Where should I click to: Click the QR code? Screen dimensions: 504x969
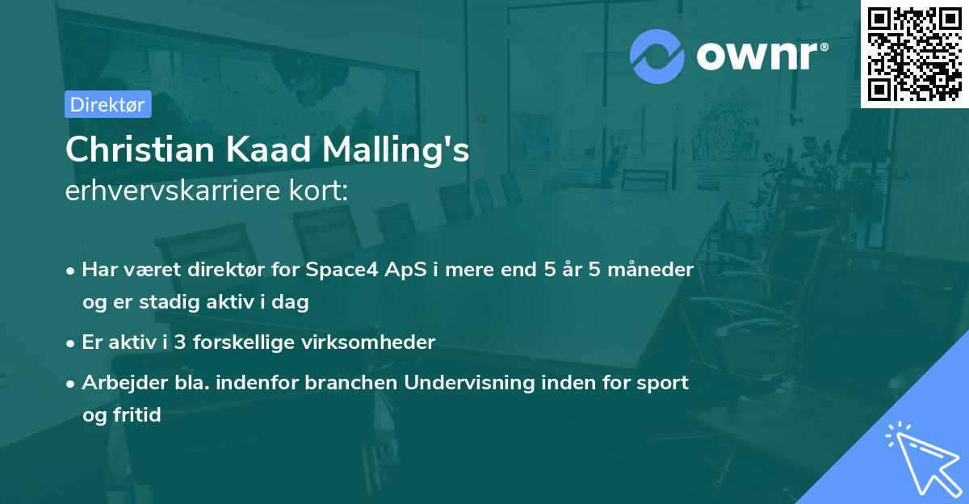(914, 54)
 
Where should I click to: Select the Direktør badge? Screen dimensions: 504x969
(107, 104)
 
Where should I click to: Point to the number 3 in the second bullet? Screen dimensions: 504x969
(179, 342)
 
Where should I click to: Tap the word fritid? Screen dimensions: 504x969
(136, 415)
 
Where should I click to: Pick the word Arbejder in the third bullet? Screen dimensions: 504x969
(117, 383)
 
